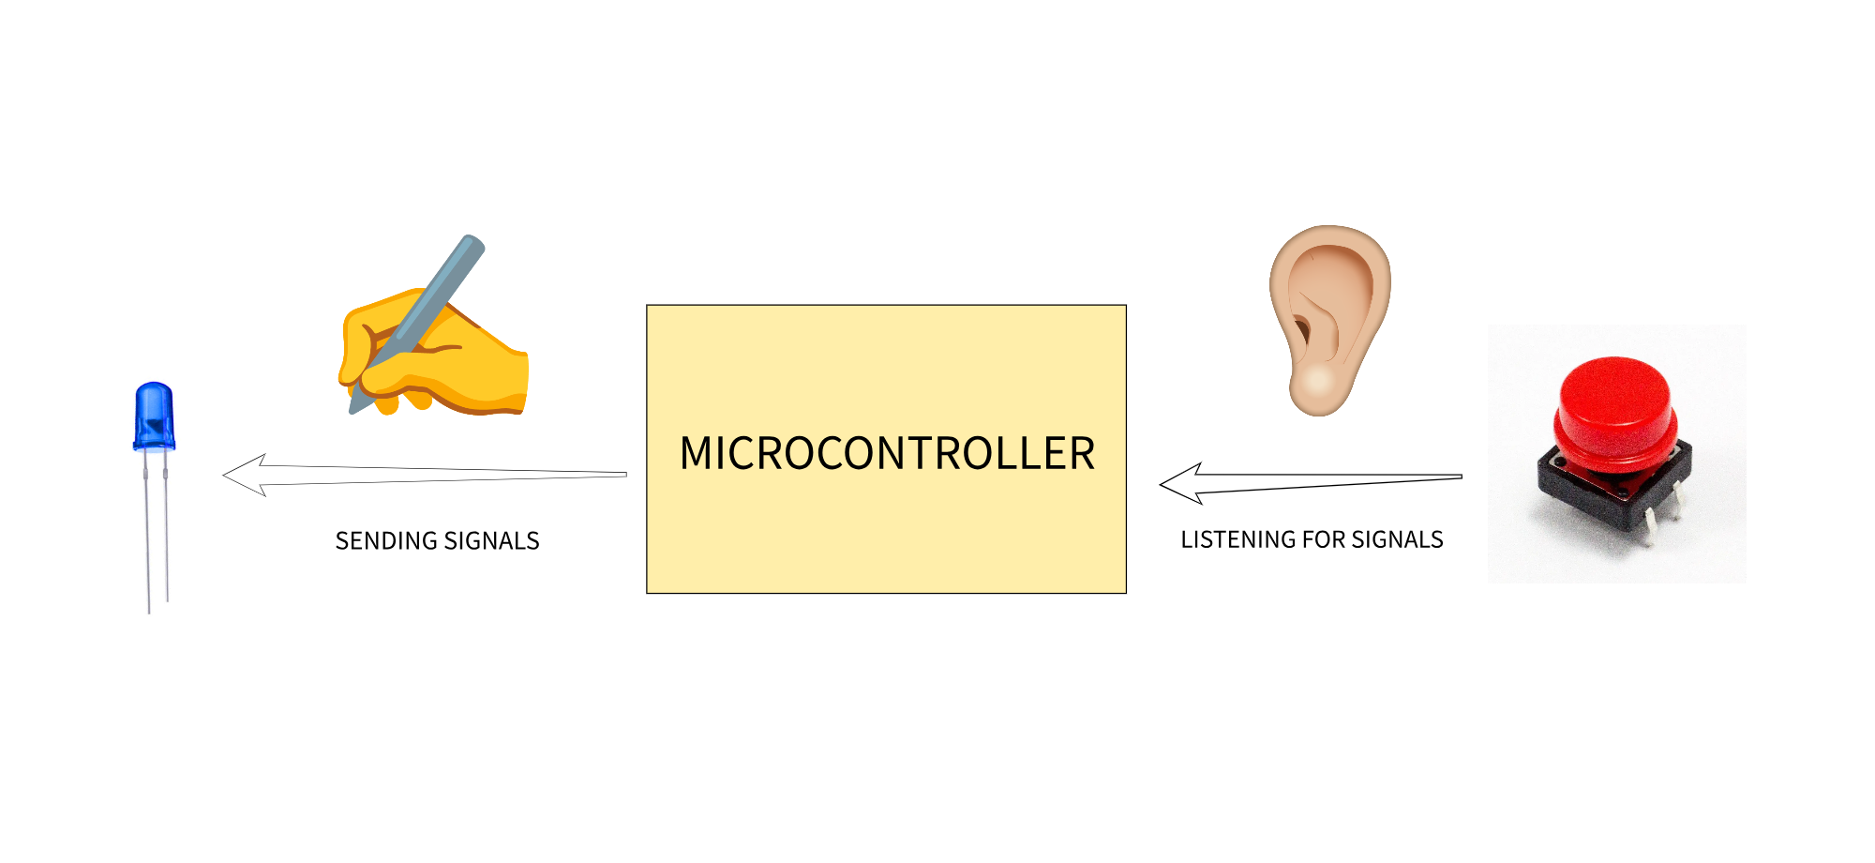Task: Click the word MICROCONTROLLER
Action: pyautogui.click(x=887, y=453)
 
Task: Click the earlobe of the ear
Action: pyautogui.click(x=1316, y=386)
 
